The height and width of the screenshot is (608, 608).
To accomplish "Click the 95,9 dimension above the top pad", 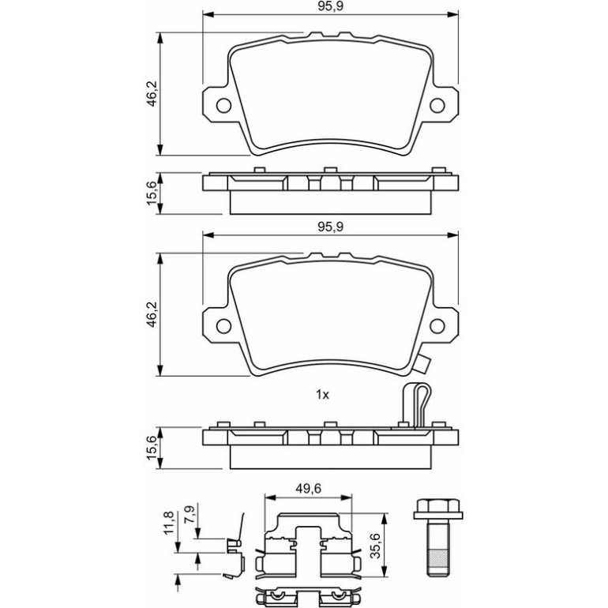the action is point(331,6).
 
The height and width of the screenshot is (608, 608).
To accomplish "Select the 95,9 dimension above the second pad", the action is point(331,227).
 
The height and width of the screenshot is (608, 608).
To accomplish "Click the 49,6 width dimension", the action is point(308,489).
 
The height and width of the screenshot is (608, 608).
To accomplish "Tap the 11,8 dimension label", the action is point(170,523).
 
